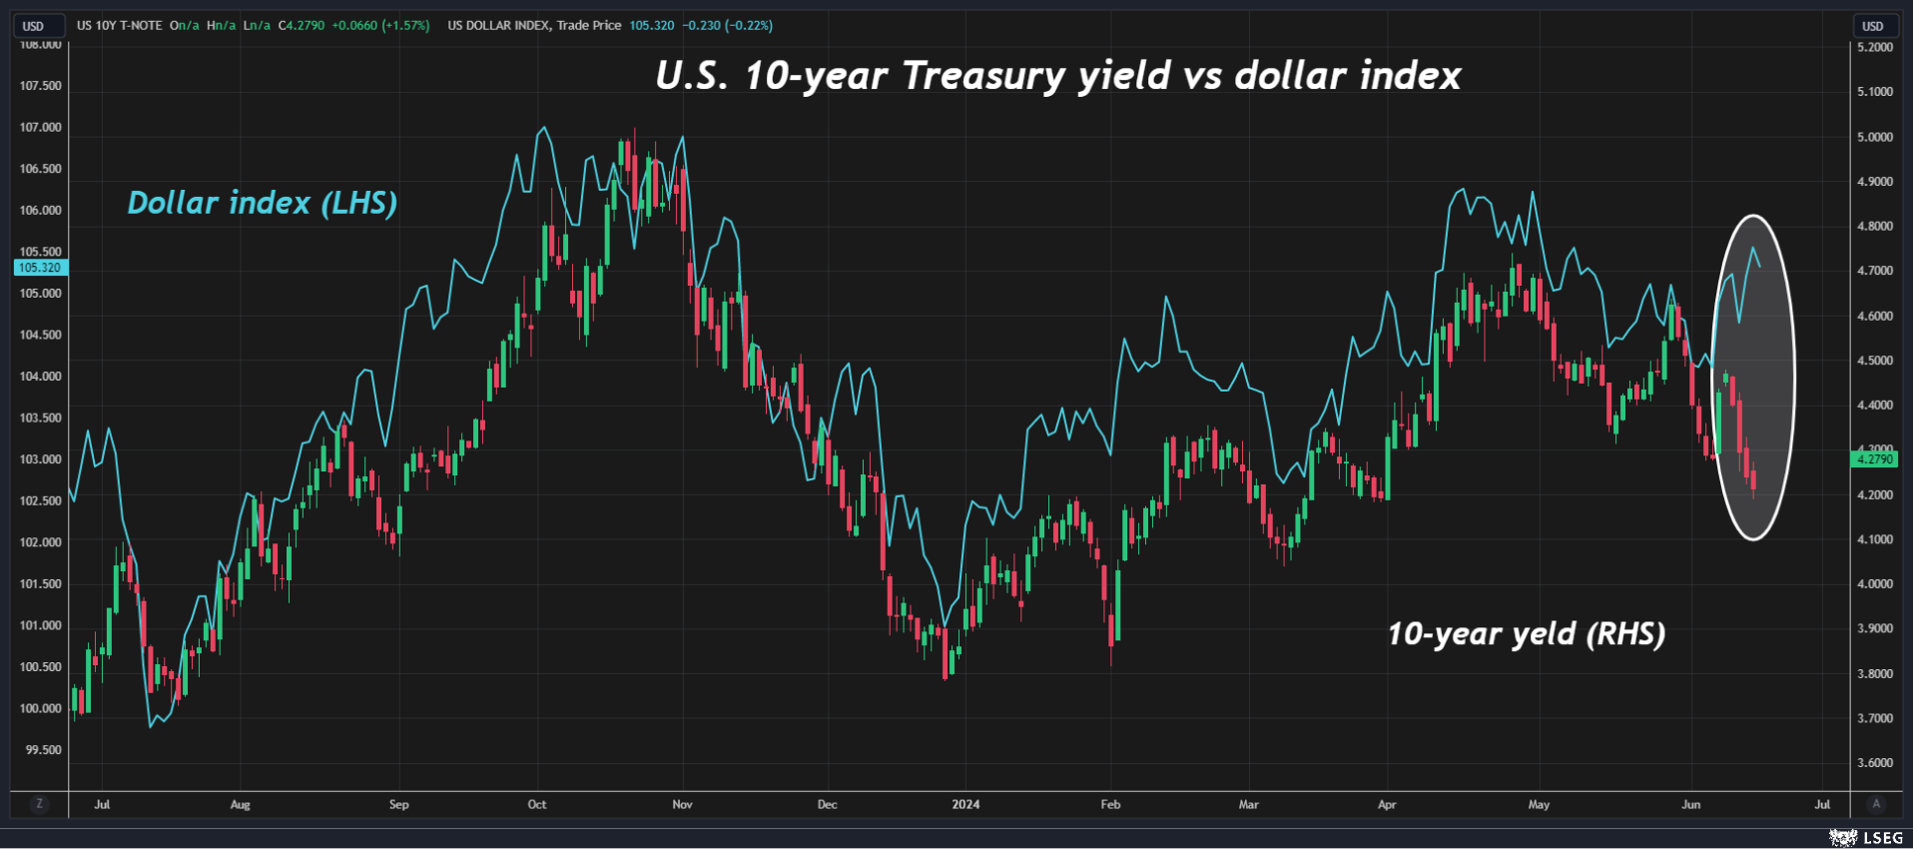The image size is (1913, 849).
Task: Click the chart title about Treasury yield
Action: pyautogui.click(x=1057, y=76)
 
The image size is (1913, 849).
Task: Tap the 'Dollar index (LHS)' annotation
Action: pyautogui.click(x=262, y=203)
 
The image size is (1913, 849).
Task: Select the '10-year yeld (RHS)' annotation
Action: pyautogui.click(x=1526, y=633)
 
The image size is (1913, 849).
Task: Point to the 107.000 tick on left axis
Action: pyautogui.click(x=41, y=127)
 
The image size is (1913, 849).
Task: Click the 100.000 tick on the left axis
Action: pyautogui.click(x=41, y=708)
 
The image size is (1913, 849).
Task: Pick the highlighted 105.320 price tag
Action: pyautogui.click(x=40, y=268)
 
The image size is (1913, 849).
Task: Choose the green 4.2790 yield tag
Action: pyautogui.click(x=1873, y=459)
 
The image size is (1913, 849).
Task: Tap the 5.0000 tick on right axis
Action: pyautogui.click(x=1874, y=137)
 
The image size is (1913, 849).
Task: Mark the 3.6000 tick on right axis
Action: pyautogui.click(x=1874, y=762)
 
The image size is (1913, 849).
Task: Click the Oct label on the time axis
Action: pyautogui.click(x=537, y=804)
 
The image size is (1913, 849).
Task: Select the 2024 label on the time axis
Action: pyautogui.click(x=965, y=804)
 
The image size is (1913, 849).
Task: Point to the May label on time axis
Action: pyautogui.click(x=1539, y=804)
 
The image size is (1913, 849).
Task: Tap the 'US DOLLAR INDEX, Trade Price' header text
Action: pyautogui.click(x=534, y=25)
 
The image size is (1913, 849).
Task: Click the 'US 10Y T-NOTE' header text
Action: pyautogui.click(x=119, y=25)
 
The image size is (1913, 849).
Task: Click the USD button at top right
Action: pyautogui.click(x=1873, y=26)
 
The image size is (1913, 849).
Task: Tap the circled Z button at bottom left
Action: pyautogui.click(x=39, y=804)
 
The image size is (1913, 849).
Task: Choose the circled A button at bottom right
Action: pyautogui.click(x=1876, y=804)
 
